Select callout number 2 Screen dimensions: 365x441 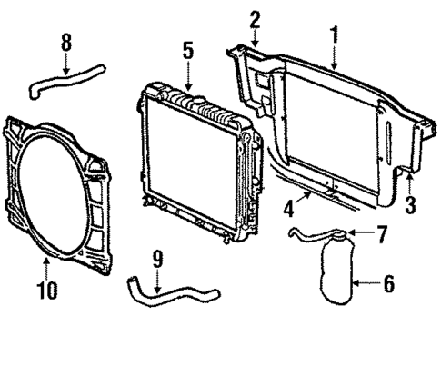click(256, 17)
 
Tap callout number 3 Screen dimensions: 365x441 click(410, 204)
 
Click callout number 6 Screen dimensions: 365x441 click(388, 283)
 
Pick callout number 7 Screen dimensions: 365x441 click(383, 234)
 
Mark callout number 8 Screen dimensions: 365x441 click(65, 42)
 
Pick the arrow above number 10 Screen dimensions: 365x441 click(45, 268)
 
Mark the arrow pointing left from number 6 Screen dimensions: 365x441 click(364, 284)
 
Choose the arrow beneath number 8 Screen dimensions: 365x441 click(65, 64)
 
